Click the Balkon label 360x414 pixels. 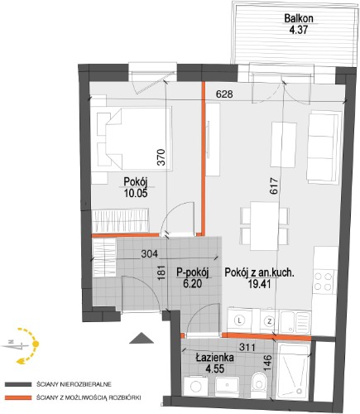point(299,18)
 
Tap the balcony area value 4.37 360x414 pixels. point(298,30)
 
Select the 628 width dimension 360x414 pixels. point(224,94)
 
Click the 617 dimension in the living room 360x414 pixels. point(274,186)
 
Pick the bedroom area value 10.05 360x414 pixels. point(136,193)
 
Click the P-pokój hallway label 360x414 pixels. point(192,272)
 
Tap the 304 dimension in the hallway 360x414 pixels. point(149,253)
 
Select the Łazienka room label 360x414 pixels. point(215,358)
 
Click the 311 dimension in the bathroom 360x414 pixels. point(247,347)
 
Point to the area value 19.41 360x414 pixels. point(259,284)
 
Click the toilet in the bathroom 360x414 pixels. point(258,383)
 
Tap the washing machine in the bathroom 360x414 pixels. point(197,386)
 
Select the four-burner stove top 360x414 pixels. point(323,282)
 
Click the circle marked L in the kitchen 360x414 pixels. point(240,320)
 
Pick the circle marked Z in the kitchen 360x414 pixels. point(270,321)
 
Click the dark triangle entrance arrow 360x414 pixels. point(142,339)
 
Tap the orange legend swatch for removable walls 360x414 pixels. point(18,398)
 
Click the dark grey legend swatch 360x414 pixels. point(18,384)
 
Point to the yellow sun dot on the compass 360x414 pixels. point(36,344)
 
